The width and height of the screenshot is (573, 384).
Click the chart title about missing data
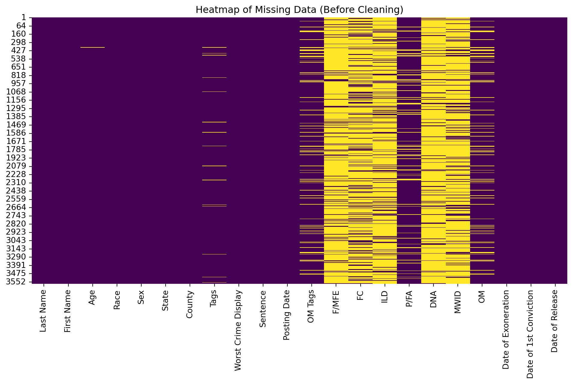tap(299, 10)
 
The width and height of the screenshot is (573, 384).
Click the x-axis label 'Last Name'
tap(43, 311)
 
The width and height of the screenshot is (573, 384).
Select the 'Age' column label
tap(92, 297)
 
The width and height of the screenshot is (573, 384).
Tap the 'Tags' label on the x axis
tap(213, 298)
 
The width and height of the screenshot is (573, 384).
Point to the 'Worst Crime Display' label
tap(238, 330)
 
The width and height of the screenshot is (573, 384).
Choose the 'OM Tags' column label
tap(311, 306)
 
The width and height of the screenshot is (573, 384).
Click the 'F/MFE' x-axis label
tap(336, 302)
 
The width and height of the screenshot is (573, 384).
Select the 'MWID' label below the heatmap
tap(457, 301)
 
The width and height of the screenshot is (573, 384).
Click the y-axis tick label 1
tap(24, 18)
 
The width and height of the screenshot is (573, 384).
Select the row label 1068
tap(16, 92)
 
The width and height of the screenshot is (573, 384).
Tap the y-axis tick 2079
tap(16, 166)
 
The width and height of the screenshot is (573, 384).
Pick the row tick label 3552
tap(16, 282)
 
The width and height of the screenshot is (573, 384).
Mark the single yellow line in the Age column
tap(92, 47)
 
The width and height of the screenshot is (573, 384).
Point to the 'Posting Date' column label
tap(287, 315)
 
